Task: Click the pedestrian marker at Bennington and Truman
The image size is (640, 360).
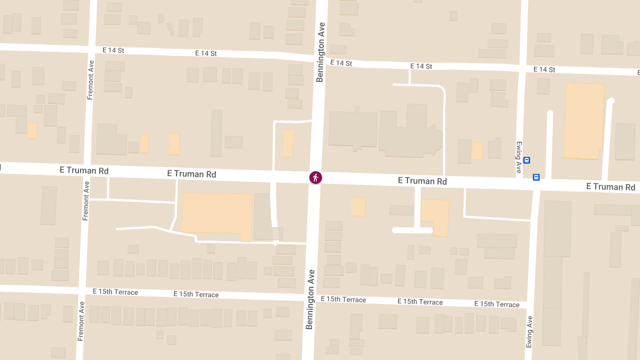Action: pyautogui.click(x=316, y=178)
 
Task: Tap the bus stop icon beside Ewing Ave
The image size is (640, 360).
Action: pyautogui.click(x=526, y=160)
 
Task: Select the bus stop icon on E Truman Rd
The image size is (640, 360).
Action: pyautogui.click(x=536, y=177)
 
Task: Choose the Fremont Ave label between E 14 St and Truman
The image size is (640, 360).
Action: pyautogui.click(x=91, y=80)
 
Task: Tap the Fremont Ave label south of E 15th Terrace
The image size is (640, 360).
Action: pyautogui.click(x=81, y=321)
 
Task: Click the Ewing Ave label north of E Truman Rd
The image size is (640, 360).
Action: pyautogui.click(x=518, y=157)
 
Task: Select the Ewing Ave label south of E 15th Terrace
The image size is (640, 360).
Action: pyautogui.click(x=530, y=332)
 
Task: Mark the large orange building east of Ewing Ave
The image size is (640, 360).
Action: pyautogui.click(x=584, y=121)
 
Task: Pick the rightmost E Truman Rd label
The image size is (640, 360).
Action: pyautogui.click(x=611, y=187)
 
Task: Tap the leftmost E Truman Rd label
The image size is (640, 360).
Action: pyautogui.click(x=84, y=171)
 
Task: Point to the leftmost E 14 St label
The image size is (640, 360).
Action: pyautogui.click(x=113, y=50)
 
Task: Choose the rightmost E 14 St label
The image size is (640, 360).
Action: pyautogui.click(x=544, y=70)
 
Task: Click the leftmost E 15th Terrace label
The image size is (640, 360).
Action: pyautogui.click(x=115, y=292)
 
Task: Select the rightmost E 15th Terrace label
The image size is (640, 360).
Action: pyautogui.click(x=497, y=304)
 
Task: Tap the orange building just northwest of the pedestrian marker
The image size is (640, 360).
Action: pyautogui.click(x=288, y=143)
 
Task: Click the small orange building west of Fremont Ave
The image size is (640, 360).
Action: pyautogui.click(x=33, y=131)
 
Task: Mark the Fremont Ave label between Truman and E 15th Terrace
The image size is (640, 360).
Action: pyautogui.click(x=85, y=201)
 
